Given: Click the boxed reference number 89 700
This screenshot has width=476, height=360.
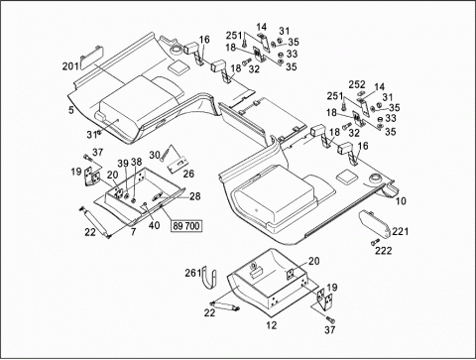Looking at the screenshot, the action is (x=186, y=226).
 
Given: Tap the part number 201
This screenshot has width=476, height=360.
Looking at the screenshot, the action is (x=70, y=66).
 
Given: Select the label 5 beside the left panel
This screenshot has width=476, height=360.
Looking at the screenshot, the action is (x=71, y=110).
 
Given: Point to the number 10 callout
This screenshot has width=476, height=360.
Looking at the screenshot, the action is (x=401, y=200).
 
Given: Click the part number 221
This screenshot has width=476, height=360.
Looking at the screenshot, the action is (x=401, y=231).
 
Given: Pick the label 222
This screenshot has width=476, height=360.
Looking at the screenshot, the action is (x=383, y=251).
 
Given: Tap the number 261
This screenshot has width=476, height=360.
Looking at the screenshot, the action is (x=193, y=273).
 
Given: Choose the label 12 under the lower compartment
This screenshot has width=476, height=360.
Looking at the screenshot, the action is (x=272, y=325).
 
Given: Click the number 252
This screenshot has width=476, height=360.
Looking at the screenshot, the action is (x=357, y=84).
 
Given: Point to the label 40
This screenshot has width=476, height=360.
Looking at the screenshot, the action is (x=154, y=225).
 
